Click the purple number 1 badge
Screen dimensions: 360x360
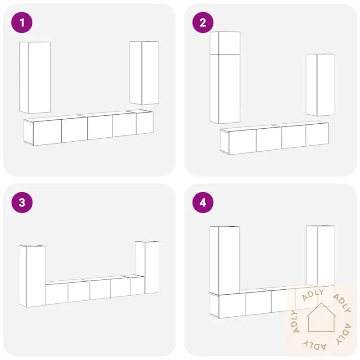click(22, 22)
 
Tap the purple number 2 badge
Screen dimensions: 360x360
click(203, 22)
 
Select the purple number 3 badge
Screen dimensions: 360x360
click(22, 202)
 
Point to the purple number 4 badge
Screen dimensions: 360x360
click(203, 202)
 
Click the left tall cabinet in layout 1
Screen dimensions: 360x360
click(35, 77)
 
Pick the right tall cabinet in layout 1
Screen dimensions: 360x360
click(144, 73)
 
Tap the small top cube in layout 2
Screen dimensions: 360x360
click(225, 43)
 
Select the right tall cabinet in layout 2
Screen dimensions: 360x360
click(320, 85)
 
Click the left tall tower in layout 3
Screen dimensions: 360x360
click(32, 276)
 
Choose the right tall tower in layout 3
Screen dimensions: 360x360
click(147, 267)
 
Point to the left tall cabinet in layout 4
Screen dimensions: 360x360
click(225, 261)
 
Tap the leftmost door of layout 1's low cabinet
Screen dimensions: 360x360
click(47, 132)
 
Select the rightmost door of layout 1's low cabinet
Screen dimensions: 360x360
click(144, 123)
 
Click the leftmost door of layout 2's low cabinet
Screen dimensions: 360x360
click(243, 142)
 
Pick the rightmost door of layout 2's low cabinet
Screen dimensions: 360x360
click(317, 135)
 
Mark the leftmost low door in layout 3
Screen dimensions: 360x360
click(57, 294)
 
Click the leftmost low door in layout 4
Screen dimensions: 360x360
click(232, 306)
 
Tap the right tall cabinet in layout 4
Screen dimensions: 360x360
click(320, 256)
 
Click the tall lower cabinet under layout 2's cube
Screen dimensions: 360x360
click(225, 89)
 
